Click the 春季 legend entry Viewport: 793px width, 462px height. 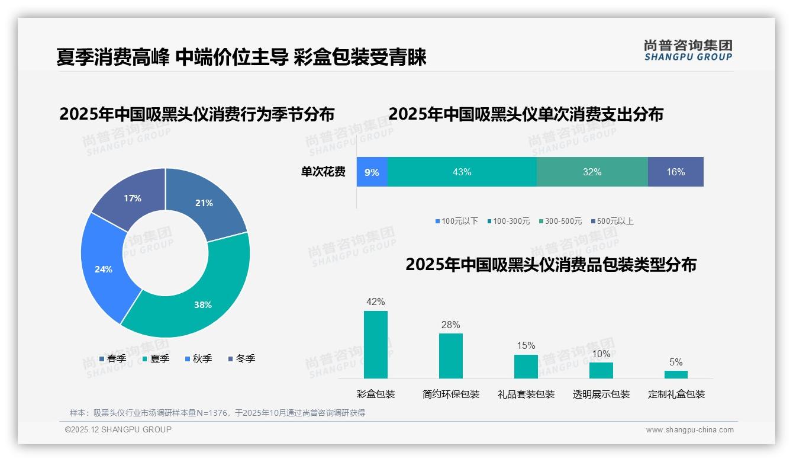point(112,358)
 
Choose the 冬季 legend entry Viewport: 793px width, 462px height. point(241,358)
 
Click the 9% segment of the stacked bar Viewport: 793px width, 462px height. point(372,172)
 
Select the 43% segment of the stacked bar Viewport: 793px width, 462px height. point(462,172)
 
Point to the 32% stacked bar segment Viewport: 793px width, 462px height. point(592,172)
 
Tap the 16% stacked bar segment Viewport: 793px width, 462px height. point(675,172)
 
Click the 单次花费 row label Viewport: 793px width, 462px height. point(323,172)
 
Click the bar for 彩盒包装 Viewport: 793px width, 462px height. point(376,345)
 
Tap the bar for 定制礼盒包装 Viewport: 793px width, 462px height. point(676,374)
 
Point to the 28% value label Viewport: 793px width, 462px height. point(450,325)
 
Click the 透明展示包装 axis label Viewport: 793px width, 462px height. point(601,394)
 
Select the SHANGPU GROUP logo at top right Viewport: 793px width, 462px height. point(688,50)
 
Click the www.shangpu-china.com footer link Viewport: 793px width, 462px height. point(689,430)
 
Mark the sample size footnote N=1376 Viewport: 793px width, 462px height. point(217,413)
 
